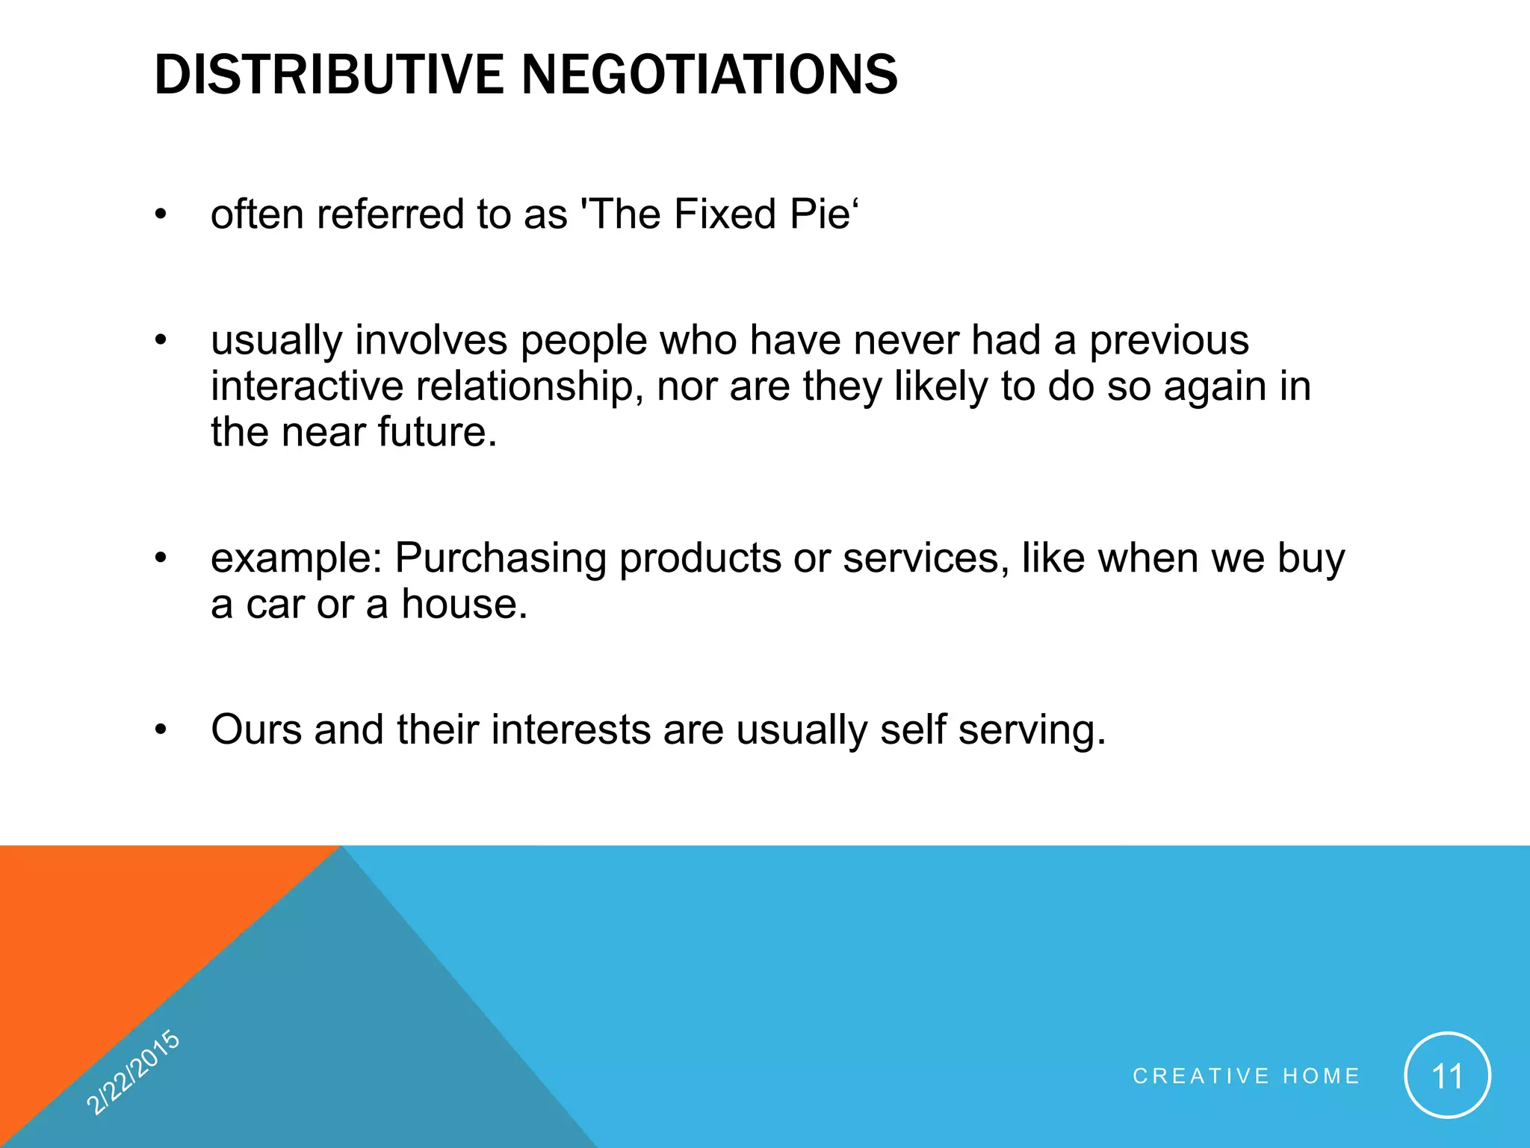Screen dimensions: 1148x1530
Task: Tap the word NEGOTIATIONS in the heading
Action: coord(709,75)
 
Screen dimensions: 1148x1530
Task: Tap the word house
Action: coord(464,604)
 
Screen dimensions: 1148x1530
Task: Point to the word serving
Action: coord(1031,731)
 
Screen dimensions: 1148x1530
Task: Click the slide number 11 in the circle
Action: coord(1447,1076)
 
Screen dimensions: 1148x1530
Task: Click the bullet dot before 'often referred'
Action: coord(160,215)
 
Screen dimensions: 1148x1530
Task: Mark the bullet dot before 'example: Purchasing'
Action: coord(160,558)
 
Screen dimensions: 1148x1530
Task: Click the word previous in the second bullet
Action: coord(1168,341)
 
